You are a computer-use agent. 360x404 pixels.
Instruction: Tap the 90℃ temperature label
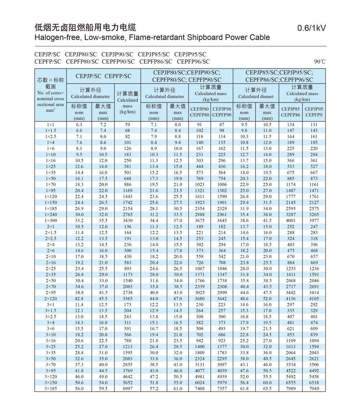(x=320, y=62)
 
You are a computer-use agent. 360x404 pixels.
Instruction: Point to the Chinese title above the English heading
(x=85, y=27)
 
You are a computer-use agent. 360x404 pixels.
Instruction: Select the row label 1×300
(x=51, y=220)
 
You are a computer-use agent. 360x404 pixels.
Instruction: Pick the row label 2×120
(x=51, y=298)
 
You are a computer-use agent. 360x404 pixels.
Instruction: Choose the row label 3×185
(x=51, y=389)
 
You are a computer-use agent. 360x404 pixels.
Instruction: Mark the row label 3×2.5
(x=51, y=317)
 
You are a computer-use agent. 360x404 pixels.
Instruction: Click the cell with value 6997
(x=127, y=389)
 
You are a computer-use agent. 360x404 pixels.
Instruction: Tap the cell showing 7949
(x=314, y=389)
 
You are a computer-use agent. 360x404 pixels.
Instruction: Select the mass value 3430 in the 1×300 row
(x=127, y=220)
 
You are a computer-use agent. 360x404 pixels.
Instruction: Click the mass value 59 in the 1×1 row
(x=127, y=125)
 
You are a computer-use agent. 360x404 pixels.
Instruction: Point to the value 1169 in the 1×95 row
(x=127, y=190)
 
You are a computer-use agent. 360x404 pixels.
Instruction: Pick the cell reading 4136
(x=291, y=298)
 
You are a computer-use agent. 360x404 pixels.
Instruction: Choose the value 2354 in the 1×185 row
(x=199, y=208)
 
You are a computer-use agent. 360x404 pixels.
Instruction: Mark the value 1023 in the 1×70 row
(x=199, y=184)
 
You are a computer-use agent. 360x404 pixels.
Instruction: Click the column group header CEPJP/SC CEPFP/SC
(x=104, y=76)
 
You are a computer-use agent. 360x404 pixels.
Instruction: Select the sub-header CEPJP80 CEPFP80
(x=199, y=112)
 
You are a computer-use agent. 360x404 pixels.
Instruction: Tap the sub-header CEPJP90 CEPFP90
(x=222, y=112)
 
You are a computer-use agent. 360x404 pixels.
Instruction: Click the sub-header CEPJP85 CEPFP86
(x=291, y=112)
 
